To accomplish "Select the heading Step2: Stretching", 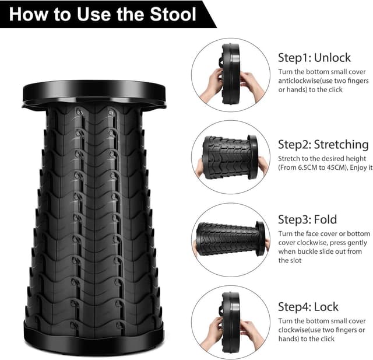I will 323,144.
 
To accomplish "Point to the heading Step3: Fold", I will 307,219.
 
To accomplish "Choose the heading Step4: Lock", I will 308,306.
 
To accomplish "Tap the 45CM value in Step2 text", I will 336,168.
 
